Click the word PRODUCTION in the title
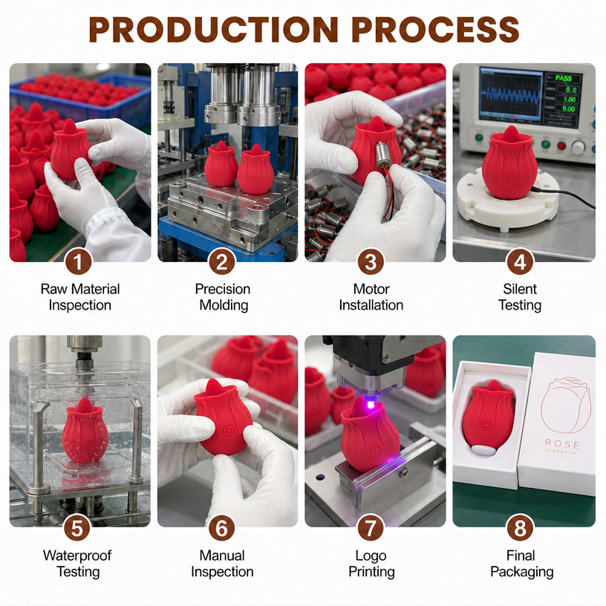click(x=214, y=30)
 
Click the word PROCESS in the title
click(x=435, y=30)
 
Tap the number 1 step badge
click(x=78, y=262)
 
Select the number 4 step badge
click(x=520, y=262)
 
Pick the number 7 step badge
click(x=371, y=528)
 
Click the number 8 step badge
click(x=520, y=528)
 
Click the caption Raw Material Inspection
click(x=80, y=297)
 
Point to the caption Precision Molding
click(x=223, y=297)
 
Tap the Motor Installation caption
click(x=371, y=297)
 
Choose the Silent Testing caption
click(x=520, y=297)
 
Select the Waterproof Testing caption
click(x=78, y=564)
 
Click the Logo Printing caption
click(x=371, y=564)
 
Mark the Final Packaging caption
click(x=521, y=564)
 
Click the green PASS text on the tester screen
click(x=563, y=79)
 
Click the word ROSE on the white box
click(x=562, y=443)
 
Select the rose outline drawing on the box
click(x=565, y=405)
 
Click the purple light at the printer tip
click(x=371, y=405)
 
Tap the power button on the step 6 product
click(x=228, y=430)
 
